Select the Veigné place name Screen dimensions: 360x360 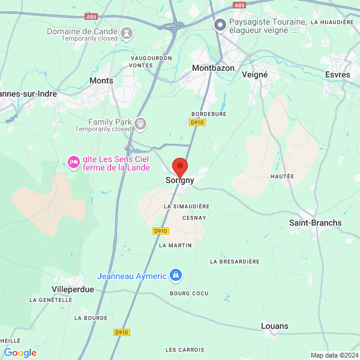[254, 74]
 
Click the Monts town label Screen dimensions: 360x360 [101, 80]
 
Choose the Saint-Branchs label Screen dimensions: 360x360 [315, 223]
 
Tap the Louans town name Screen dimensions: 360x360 [275, 326]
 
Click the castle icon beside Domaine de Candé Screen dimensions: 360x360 [127, 31]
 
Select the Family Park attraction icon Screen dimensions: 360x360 [141, 124]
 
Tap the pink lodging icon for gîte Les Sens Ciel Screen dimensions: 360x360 [74, 163]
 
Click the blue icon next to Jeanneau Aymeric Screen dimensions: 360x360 [175, 275]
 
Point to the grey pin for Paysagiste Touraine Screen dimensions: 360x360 [220, 25]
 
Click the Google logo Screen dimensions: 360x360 [20, 353]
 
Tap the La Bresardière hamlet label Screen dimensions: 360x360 [235, 262]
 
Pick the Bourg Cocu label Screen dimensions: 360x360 [188, 293]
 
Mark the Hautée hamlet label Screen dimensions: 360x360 [282, 176]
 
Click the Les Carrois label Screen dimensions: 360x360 [184, 349]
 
